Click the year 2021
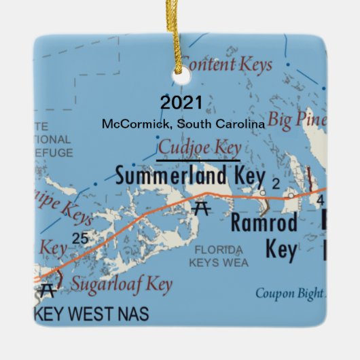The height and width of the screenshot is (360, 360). (x=181, y=103)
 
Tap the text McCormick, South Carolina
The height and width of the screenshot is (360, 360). (x=183, y=124)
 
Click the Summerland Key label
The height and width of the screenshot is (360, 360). (x=190, y=176)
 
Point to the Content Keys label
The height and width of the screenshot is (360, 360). (x=227, y=65)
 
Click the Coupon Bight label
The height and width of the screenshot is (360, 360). (x=290, y=293)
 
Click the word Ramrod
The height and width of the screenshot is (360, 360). (x=264, y=223)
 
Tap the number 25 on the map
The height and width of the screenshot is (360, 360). (x=79, y=238)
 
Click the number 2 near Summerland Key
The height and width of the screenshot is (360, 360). (x=276, y=183)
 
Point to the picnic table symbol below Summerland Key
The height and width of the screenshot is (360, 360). (x=200, y=209)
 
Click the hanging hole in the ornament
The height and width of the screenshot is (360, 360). (x=180, y=78)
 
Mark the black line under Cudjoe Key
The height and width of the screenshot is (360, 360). (x=198, y=160)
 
